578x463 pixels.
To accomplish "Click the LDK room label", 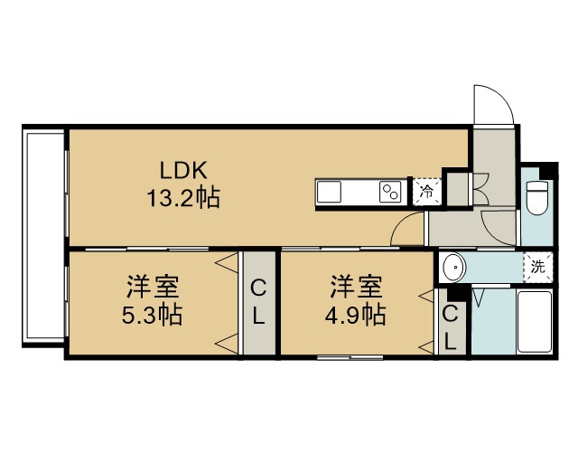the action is pos(183,170).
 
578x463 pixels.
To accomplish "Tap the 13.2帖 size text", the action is pos(183,197).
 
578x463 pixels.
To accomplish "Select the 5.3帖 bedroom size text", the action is pos(152,315).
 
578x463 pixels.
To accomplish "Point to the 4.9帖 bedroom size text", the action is pos(355,315).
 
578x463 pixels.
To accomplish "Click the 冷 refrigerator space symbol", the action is pos(427,191).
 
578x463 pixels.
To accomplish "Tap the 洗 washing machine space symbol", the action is pos(538,267).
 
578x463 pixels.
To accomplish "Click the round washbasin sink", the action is pos(453,267).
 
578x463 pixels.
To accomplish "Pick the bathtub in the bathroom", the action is pos(534,322).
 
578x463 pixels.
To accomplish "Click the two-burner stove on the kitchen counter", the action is pos(390,192).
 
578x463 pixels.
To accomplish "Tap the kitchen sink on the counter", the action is pos(329,192).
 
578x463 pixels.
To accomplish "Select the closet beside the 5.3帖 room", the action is pos(259,303).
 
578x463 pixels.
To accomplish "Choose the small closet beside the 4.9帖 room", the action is pos(450,322).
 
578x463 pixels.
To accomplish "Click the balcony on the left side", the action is pos(44,235).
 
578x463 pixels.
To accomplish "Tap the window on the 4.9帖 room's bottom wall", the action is pos(350,357).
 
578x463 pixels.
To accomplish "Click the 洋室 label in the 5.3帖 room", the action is pos(153,287).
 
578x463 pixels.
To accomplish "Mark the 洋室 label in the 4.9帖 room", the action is pos(356,287).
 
